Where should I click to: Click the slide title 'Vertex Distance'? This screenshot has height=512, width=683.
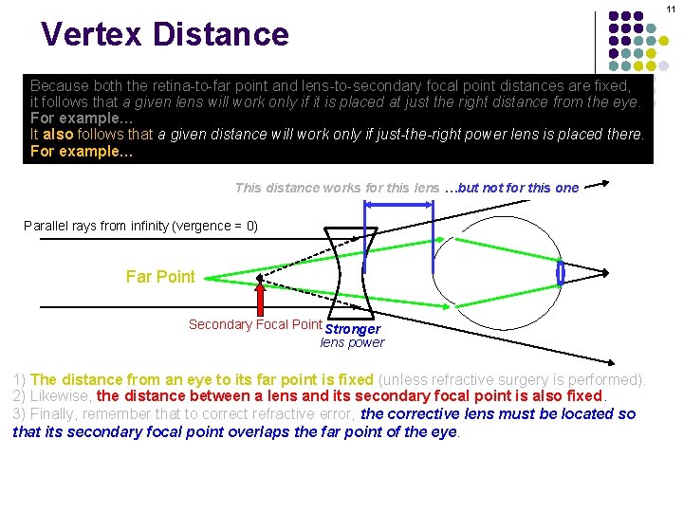pyautogui.click(x=164, y=34)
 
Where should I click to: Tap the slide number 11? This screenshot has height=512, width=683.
pyautogui.click(x=670, y=9)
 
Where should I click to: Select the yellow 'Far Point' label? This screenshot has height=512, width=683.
pyautogui.click(x=160, y=277)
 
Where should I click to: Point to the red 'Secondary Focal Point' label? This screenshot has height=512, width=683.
pyautogui.click(x=255, y=324)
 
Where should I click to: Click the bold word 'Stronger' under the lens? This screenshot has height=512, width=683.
pyautogui.click(x=353, y=329)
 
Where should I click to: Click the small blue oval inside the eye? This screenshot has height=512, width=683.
pyautogui.click(x=561, y=273)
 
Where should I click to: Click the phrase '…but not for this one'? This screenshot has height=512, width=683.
pyautogui.click(x=518, y=188)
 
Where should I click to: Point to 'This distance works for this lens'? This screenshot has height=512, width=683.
pyautogui.click(x=337, y=188)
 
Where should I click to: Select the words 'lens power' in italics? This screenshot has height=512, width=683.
pyautogui.click(x=352, y=342)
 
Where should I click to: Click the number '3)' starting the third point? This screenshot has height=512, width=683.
pyautogui.click(x=19, y=414)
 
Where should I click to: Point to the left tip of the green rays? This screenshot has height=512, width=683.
pyautogui.click(x=208, y=277)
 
